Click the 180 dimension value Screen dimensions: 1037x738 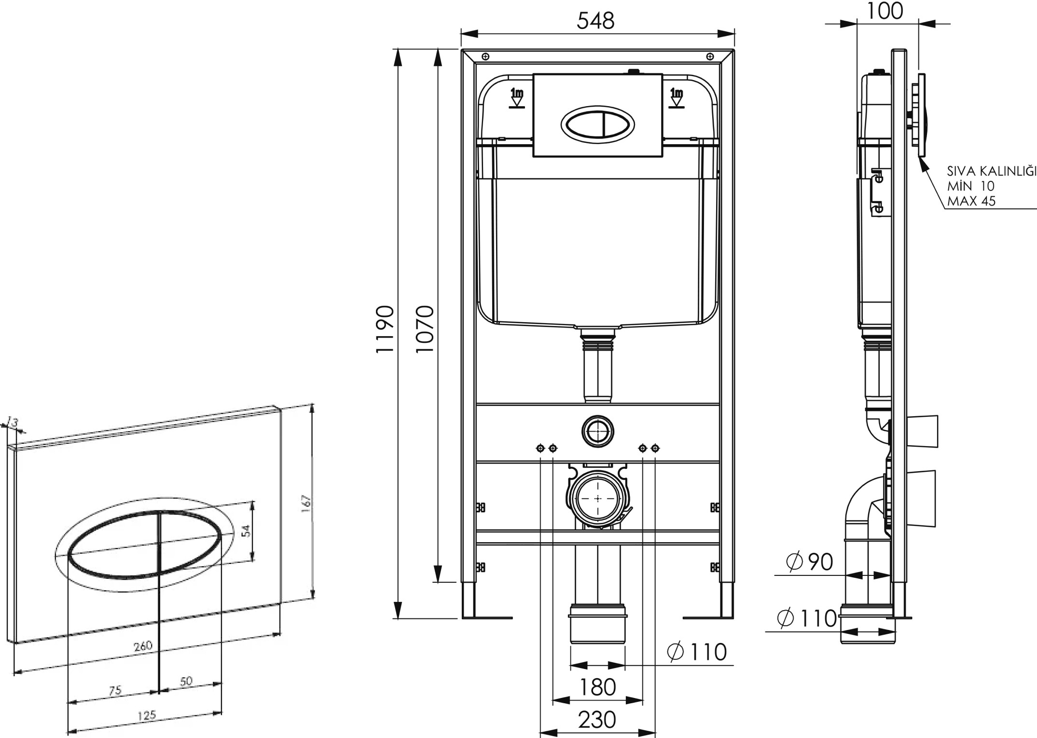click(x=597, y=687)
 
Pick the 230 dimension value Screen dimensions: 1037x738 click(x=597, y=720)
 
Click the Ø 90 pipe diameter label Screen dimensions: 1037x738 click(x=809, y=562)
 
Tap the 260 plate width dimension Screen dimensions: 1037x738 click(x=143, y=646)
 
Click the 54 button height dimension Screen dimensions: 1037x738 click(x=246, y=531)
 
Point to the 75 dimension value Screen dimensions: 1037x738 click(x=115, y=691)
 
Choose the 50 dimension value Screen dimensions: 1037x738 click(x=186, y=681)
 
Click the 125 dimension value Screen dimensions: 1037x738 click(x=147, y=715)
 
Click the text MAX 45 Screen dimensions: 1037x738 click(x=971, y=201)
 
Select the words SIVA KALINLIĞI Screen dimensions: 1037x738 click(x=992, y=170)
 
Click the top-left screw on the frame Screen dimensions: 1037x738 click(x=485, y=56)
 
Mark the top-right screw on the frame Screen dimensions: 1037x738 click(x=710, y=56)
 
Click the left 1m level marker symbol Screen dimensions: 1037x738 click(x=517, y=98)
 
